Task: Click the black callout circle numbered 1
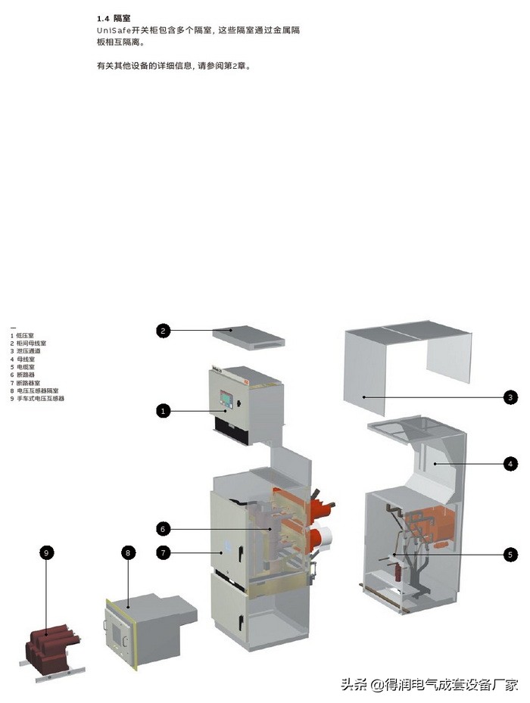(164, 411)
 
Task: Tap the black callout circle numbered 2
(164, 330)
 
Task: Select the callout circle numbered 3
(512, 397)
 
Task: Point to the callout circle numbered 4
(512, 463)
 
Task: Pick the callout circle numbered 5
(512, 555)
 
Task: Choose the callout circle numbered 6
(164, 528)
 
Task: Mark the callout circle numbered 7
(164, 552)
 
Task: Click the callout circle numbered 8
(128, 553)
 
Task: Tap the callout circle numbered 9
(46, 553)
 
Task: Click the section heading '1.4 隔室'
(114, 17)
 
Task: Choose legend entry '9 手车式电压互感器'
(37, 398)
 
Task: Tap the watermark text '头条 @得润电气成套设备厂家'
(429, 685)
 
